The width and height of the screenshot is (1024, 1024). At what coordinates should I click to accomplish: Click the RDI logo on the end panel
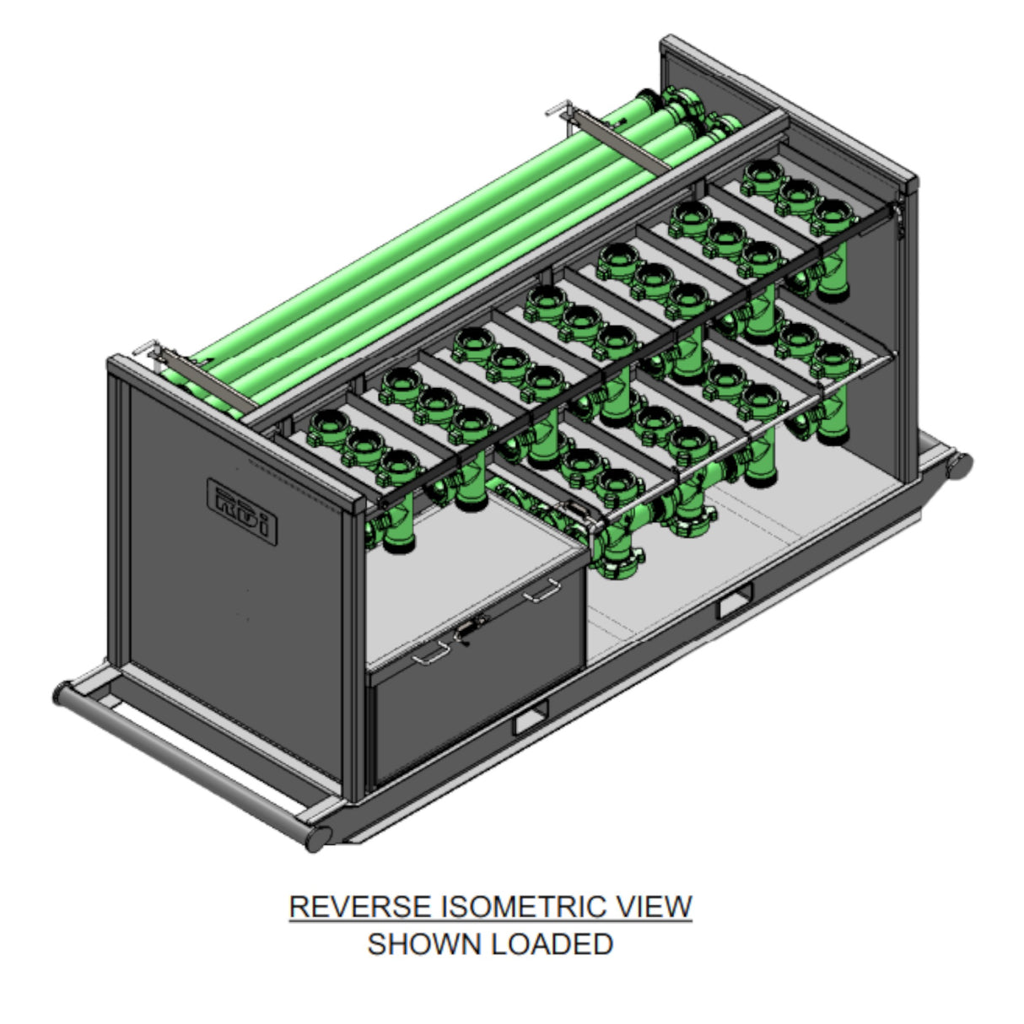pos(242,511)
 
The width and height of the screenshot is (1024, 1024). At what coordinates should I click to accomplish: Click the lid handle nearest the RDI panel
pos(431,654)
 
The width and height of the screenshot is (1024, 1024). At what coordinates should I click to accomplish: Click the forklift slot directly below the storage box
pos(530,718)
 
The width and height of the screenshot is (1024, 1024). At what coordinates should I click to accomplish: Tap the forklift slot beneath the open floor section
pos(736,601)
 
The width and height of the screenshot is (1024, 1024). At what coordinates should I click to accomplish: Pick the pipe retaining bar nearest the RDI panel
pos(207,380)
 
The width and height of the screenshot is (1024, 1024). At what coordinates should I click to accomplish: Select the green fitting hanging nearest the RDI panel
pos(392,524)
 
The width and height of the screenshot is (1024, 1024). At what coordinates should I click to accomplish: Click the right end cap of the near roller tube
pos(318,838)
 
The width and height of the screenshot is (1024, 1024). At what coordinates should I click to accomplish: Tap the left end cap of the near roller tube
pos(62,693)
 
